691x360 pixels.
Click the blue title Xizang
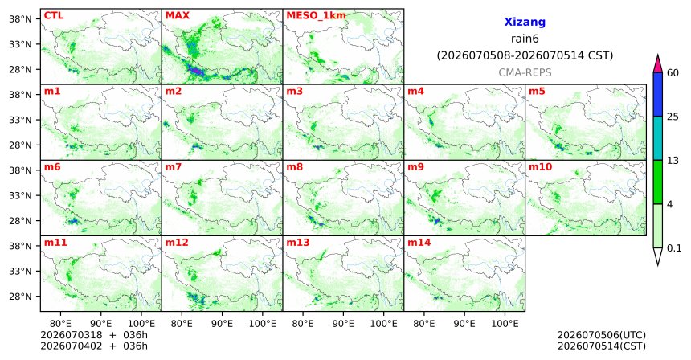click(x=525, y=22)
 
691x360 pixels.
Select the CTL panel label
click(x=54, y=16)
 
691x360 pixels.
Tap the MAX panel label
click(x=177, y=16)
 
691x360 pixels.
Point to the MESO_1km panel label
click(x=316, y=16)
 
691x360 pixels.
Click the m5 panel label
click(x=537, y=92)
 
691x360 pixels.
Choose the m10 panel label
click(x=540, y=167)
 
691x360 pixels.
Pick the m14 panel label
click(x=419, y=243)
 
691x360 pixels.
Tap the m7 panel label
click(x=174, y=167)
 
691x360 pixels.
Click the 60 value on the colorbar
click(x=673, y=73)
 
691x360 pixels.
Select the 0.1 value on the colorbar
click(x=674, y=248)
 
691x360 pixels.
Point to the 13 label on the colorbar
click(x=673, y=161)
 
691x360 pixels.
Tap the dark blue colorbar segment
click(x=658, y=94)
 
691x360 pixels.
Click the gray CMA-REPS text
click(x=525, y=72)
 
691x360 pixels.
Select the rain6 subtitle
click(x=525, y=39)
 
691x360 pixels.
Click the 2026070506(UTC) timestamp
click(x=602, y=336)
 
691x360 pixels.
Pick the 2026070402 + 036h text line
click(x=94, y=346)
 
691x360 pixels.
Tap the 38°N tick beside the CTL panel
click(x=20, y=19)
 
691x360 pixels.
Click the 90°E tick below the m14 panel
click(x=464, y=325)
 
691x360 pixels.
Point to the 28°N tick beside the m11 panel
click(x=20, y=297)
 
